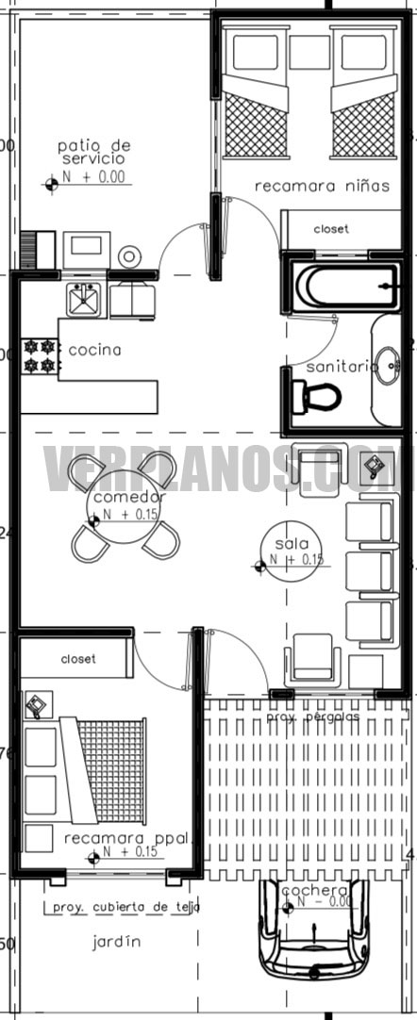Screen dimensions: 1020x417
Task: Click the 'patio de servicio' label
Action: (93, 152)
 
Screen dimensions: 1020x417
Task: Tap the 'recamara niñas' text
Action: (322, 187)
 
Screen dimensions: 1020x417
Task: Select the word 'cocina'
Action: (95, 350)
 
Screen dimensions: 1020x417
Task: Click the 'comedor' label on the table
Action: (129, 497)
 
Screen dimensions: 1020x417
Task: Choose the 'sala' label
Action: (286, 544)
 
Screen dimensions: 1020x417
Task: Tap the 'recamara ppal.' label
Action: (128, 837)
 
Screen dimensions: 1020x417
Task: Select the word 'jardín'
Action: (117, 940)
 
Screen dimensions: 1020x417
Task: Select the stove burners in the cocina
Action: (40, 354)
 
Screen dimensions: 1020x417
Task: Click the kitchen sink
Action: (84, 300)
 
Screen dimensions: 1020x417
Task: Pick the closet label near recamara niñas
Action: (331, 229)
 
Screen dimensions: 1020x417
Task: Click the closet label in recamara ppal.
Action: (78, 659)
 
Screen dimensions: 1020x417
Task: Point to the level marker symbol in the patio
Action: (52, 185)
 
